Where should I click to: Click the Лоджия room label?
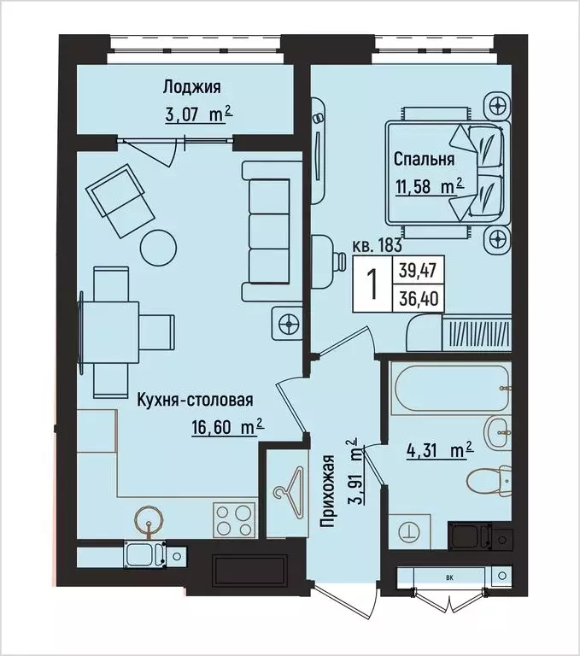tap(192, 86)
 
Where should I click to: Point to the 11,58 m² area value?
tap(428, 185)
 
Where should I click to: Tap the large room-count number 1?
tap(372, 286)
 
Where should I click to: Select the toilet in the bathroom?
tap(495, 483)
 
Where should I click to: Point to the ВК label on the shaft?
tap(449, 578)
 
